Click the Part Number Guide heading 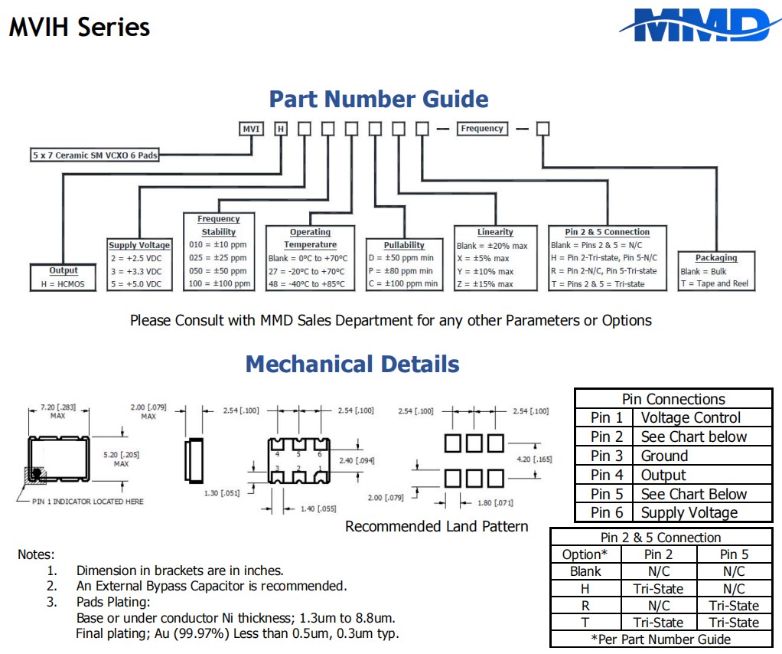pyautogui.click(x=379, y=99)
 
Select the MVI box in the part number pyautogui.click(x=251, y=129)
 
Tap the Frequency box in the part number pyautogui.click(x=481, y=129)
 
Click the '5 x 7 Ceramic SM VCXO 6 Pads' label pyautogui.click(x=95, y=155)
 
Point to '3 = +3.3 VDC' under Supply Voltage pyautogui.click(x=136, y=271)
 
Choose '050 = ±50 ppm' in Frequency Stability pyautogui.click(x=218, y=271)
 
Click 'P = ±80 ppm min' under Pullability pyautogui.click(x=400, y=271)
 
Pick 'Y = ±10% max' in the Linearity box pyautogui.click(x=485, y=272)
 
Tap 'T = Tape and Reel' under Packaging pyautogui.click(x=714, y=284)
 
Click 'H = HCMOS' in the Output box pyautogui.click(x=63, y=284)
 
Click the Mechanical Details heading pyautogui.click(x=352, y=364)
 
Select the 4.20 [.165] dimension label pyautogui.click(x=533, y=459)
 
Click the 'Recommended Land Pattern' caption pyautogui.click(x=436, y=527)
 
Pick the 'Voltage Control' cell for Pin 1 pyautogui.click(x=690, y=418)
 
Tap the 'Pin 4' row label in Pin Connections pyautogui.click(x=606, y=476)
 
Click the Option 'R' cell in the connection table pyautogui.click(x=585, y=606)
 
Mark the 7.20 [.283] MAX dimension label pyautogui.click(x=58, y=412)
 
